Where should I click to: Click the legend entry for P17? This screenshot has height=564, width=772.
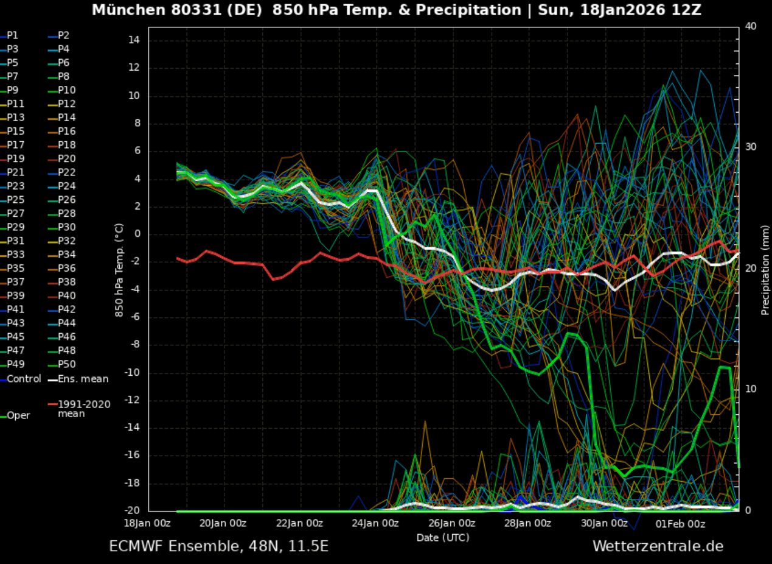click(16, 145)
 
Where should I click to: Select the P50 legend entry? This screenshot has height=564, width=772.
click(66, 364)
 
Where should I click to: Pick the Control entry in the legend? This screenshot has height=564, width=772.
click(24, 379)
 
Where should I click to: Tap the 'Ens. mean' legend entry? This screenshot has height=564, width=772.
click(83, 379)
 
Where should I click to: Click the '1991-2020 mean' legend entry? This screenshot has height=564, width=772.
click(84, 409)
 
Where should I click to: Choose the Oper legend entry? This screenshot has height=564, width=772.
click(18, 415)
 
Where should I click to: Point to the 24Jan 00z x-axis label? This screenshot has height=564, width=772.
click(375, 523)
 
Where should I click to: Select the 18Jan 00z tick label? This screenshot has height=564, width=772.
click(147, 523)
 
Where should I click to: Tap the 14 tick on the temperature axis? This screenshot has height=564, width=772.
click(134, 40)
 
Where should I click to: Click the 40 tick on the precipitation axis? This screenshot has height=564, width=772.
click(751, 26)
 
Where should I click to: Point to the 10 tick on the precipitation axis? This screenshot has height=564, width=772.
click(751, 389)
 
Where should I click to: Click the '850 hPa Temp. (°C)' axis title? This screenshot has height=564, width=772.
click(119, 270)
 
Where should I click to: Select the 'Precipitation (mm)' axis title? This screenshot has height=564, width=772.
click(765, 270)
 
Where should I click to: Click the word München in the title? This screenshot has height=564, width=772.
click(120, 10)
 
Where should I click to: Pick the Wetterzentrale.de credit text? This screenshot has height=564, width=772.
click(658, 546)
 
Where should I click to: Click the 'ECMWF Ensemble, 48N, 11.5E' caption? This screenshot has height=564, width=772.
click(218, 546)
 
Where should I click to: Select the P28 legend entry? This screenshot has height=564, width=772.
click(66, 214)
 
